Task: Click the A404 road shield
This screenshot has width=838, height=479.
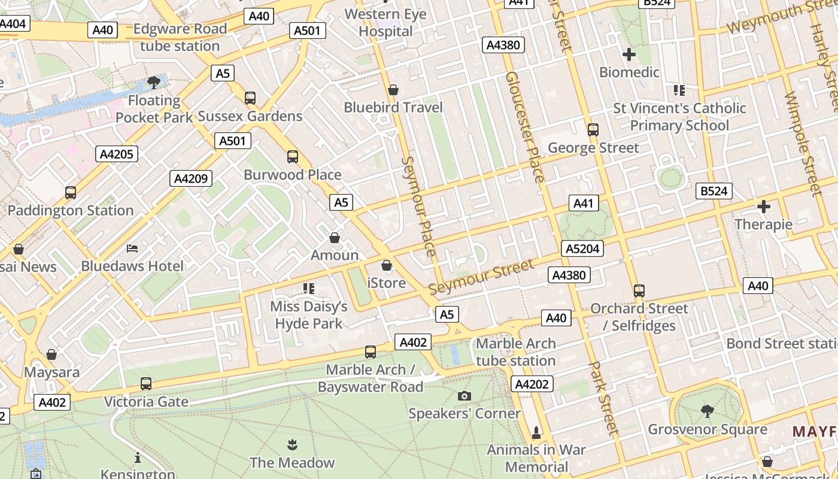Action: tap(13, 24)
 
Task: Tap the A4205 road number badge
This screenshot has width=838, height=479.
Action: tap(117, 154)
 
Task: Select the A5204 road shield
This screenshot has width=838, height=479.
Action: tap(582, 248)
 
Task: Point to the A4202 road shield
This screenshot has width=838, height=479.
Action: tap(532, 384)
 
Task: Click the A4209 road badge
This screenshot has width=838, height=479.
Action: tap(191, 178)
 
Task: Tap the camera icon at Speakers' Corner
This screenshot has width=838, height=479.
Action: tap(464, 396)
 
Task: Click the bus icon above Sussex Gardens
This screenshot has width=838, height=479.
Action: tap(250, 98)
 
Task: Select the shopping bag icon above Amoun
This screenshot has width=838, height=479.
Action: tap(335, 238)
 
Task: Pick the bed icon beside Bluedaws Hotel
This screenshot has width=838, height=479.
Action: tap(132, 248)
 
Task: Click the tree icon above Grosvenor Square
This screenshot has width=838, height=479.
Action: tap(707, 411)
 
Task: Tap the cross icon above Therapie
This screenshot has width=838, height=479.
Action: tap(764, 207)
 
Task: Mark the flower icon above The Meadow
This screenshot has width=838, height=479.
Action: tap(292, 444)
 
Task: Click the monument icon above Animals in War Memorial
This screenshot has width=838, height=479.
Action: tap(536, 432)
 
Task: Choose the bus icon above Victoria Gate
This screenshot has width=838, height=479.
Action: tap(146, 384)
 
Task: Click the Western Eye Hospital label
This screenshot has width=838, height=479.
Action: tap(385, 23)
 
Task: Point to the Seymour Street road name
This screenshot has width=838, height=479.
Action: tap(481, 277)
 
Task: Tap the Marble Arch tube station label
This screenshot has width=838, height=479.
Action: tap(515, 352)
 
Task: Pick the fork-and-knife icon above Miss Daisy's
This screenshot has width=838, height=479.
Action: tap(309, 289)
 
